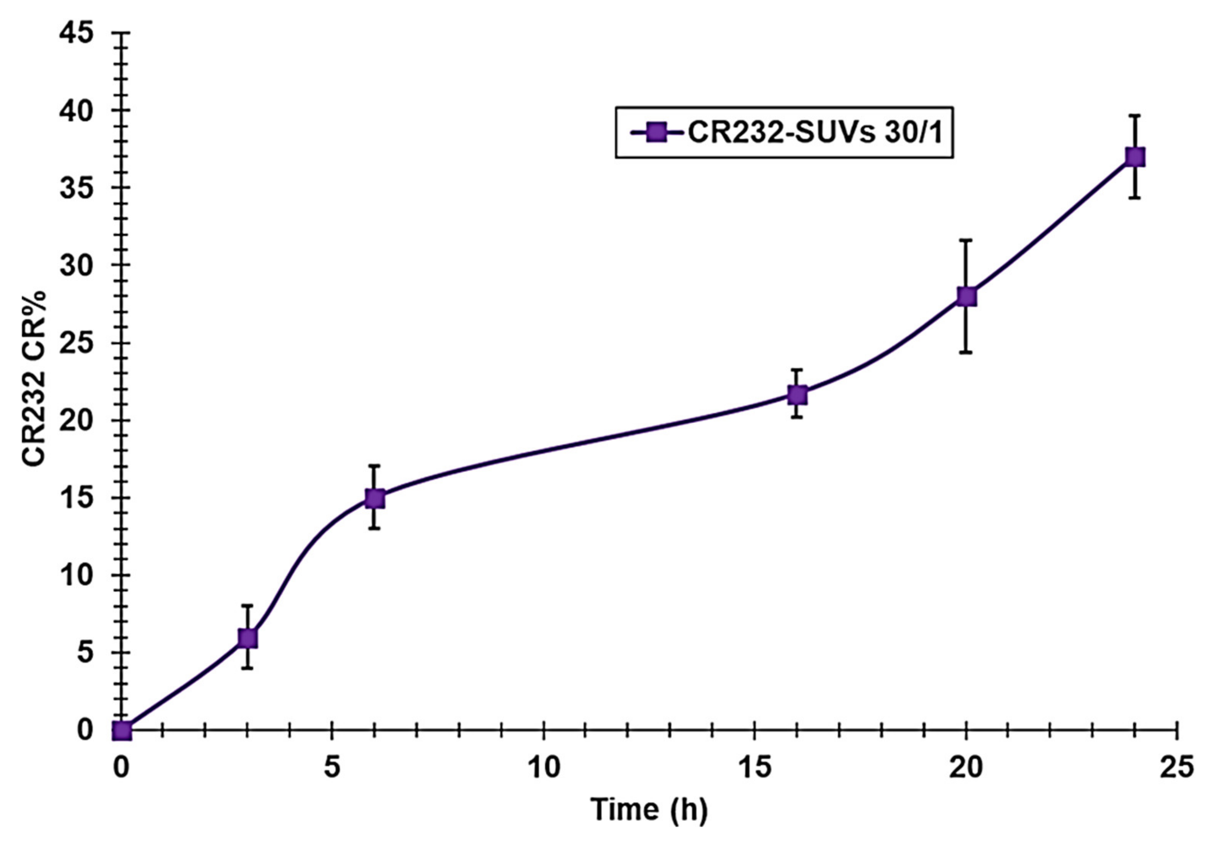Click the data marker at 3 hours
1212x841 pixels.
248,638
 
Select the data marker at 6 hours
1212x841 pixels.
375,498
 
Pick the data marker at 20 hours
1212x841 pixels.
966,297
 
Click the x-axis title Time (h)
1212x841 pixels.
649,809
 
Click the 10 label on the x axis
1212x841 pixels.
543,768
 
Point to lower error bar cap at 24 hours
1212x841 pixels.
1135,198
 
